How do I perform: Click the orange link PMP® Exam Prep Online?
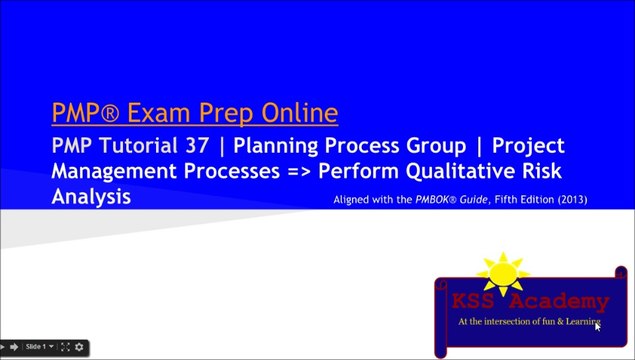(194, 112)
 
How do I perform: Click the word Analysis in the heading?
(91, 196)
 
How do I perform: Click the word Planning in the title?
(257, 147)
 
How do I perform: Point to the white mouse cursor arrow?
(598, 326)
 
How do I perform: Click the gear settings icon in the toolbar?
(80, 347)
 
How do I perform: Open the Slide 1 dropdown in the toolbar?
(38, 347)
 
